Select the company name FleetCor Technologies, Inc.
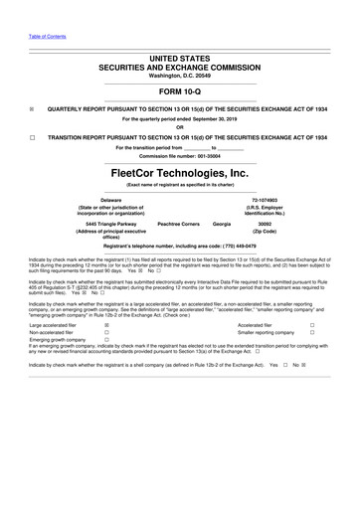[x=180, y=173]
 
